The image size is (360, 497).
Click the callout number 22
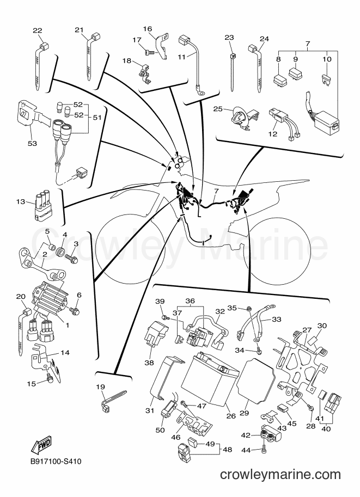pyautogui.click(x=38, y=30)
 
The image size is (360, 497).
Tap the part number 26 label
pyautogui.click(x=231, y=415)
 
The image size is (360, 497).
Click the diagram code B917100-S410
pyautogui.click(x=56, y=461)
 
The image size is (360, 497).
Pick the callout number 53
pyautogui.click(x=32, y=143)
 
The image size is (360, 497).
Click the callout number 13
pyautogui.click(x=20, y=201)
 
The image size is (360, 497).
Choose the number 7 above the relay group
pyautogui.click(x=308, y=44)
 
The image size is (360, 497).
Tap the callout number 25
pyautogui.click(x=218, y=109)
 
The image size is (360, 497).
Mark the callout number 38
pyautogui.click(x=149, y=363)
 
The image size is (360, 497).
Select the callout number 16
pyautogui.click(x=148, y=29)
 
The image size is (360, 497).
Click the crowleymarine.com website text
pyautogui.click(x=280, y=474)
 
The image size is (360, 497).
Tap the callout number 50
pyautogui.click(x=161, y=430)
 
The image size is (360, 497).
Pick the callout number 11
pyautogui.click(x=181, y=57)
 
